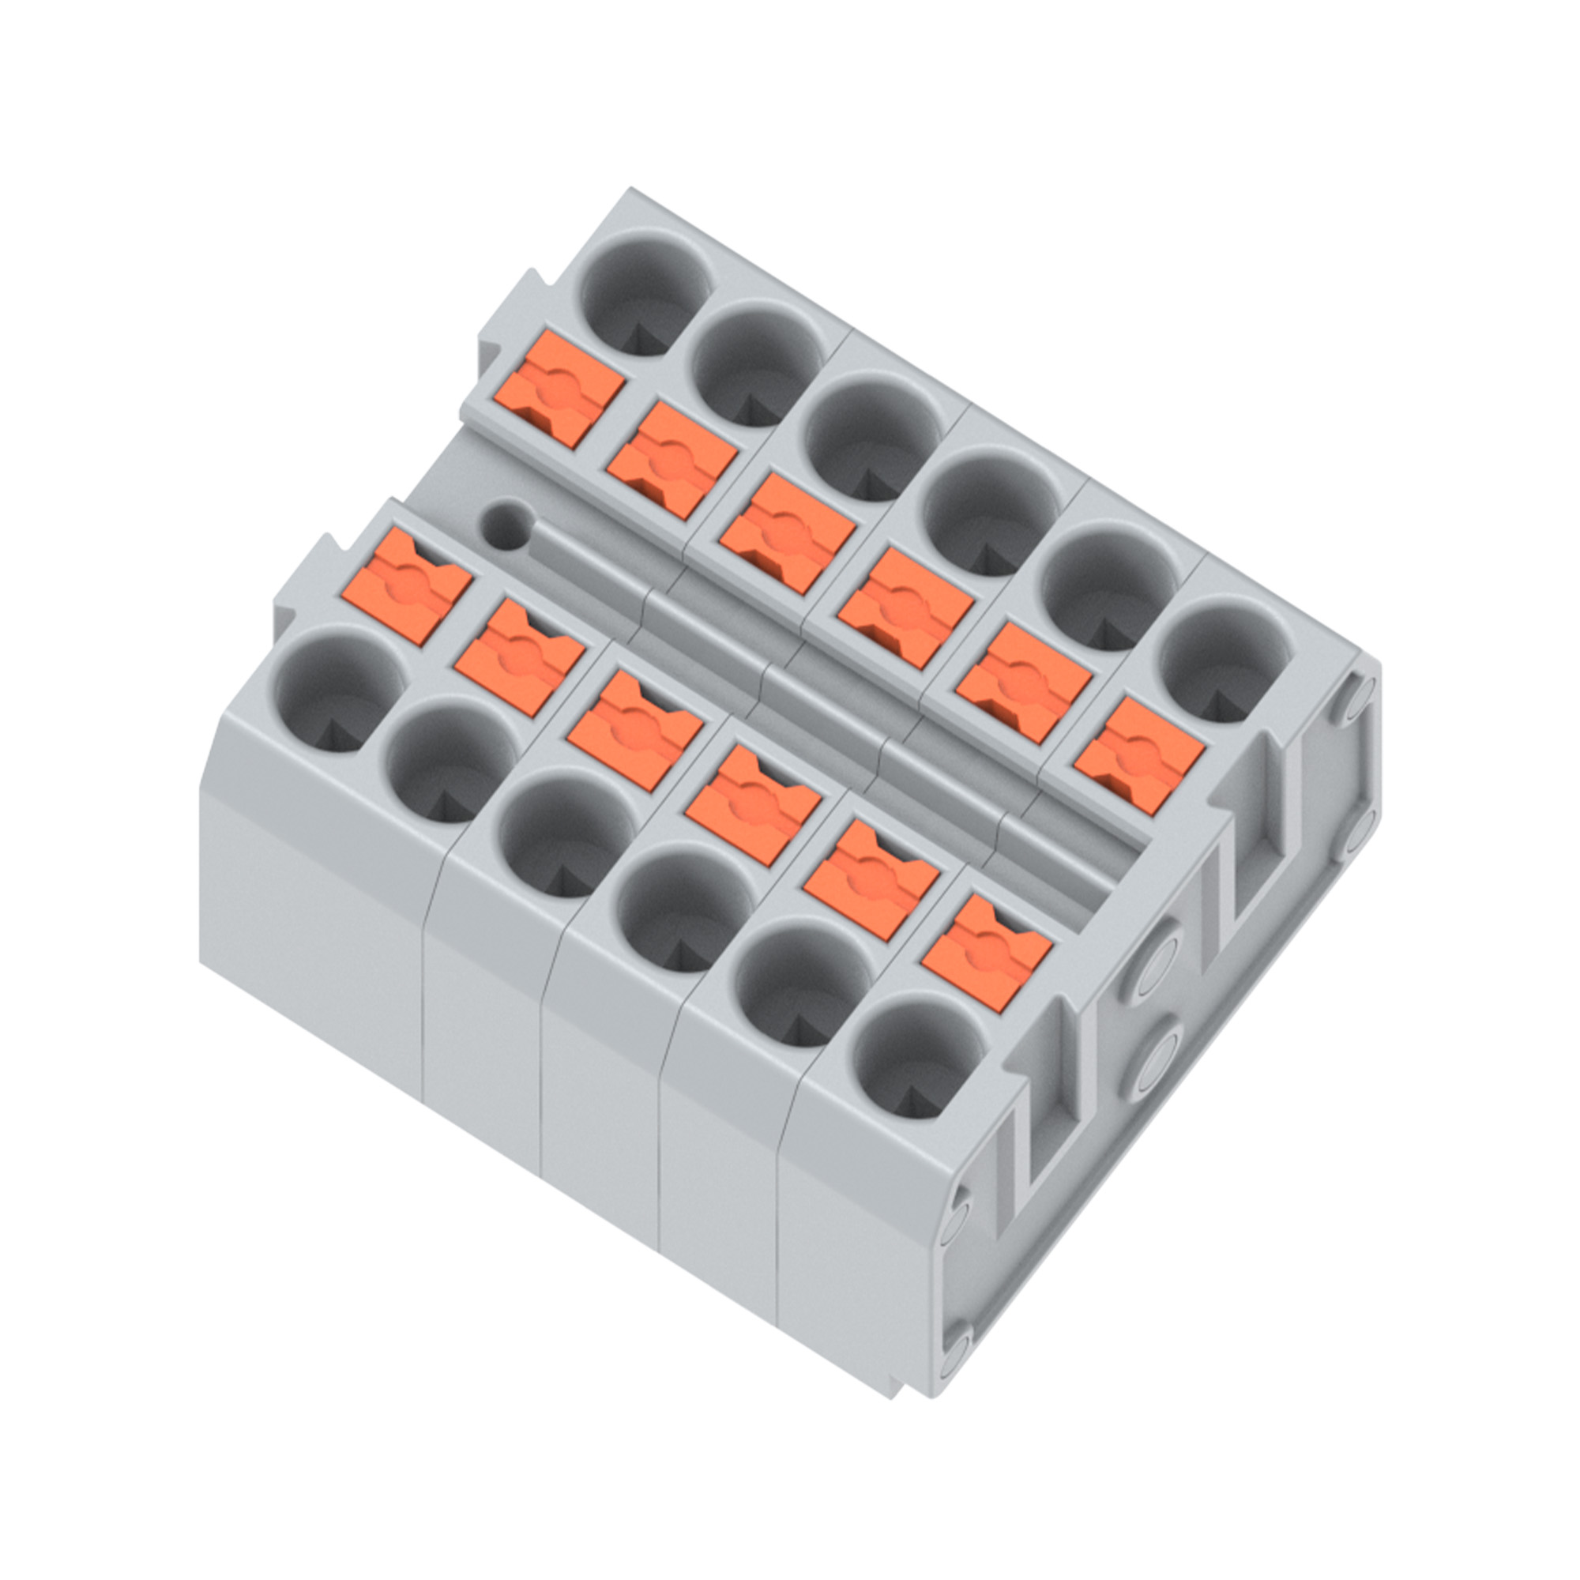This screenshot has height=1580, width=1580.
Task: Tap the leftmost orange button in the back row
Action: (559, 389)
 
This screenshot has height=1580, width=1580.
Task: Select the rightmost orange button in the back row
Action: (1139, 754)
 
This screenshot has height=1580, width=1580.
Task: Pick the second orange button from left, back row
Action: (671, 460)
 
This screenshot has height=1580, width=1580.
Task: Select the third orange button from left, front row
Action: (634, 729)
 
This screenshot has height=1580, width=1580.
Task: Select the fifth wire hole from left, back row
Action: (1109, 588)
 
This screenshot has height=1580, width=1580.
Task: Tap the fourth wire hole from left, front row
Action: (685, 909)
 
